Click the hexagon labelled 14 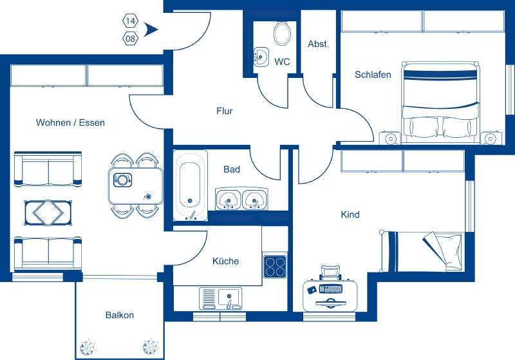tap(131, 21)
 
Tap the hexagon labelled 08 tap(131, 39)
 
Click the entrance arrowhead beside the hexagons tap(151, 30)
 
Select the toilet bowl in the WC tap(282, 33)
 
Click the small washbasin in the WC tap(261, 57)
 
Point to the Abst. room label tap(318, 44)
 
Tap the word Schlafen tap(373, 75)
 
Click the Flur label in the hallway tap(224, 111)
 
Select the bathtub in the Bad tap(190, 185)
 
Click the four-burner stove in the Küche tap(276, 267)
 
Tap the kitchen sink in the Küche tap(220, 299)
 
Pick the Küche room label tap(226, 261)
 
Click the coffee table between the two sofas tap(48, 213)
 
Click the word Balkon tap(120, 316)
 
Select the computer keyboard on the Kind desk tap(331, 289)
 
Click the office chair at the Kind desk tap(331, 272)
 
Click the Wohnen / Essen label tap(70, 123)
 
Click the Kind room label tap(350, 215)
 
